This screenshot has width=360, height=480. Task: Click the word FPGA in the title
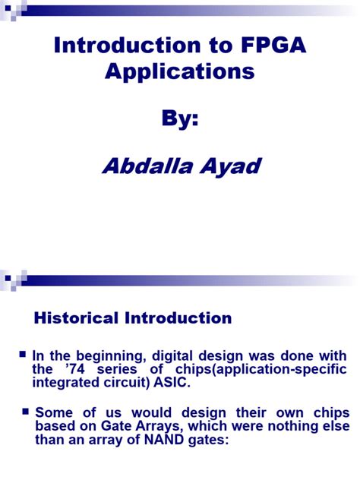point(265,46)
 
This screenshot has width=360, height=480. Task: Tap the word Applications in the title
point(178,72)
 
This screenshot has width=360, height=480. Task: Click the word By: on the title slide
point(179,119)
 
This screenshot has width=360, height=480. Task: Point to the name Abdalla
point(145,166)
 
